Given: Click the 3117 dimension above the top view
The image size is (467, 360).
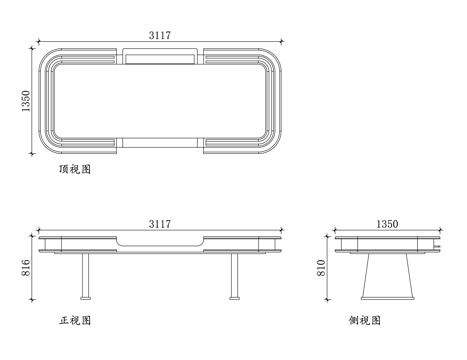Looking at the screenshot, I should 159,35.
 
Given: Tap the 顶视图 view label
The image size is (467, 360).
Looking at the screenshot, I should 75,171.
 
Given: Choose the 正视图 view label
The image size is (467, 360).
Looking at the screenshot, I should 75,322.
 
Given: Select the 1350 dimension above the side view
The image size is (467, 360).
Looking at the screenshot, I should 386,224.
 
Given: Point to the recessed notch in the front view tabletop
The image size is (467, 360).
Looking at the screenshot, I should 161,242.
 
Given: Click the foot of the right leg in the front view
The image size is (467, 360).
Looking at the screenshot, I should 235,297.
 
